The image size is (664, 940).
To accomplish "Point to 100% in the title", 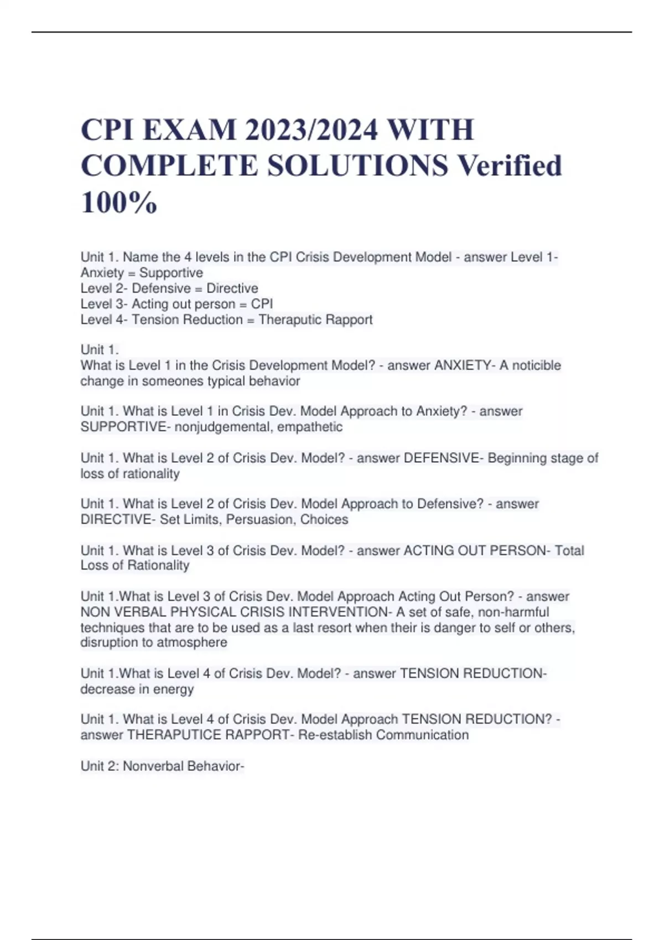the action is [x=119, y=202].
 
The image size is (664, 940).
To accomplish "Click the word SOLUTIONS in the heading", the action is [x=358, y=166].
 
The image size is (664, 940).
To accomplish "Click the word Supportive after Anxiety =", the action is [x=171, y=273].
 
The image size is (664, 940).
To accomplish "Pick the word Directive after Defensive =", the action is [x=232, y=288].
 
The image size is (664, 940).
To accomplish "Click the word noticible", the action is [x=536, y=365].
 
